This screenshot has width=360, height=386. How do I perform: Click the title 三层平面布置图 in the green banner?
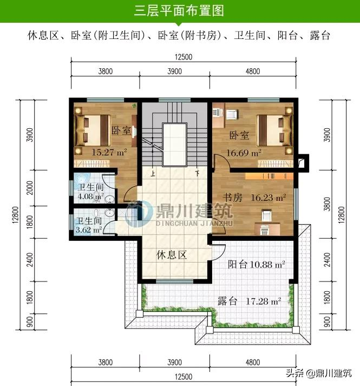pyautogui.click(x=179, y=11)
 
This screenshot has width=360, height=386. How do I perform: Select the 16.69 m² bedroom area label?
pyautogui.click(x=244, y=153)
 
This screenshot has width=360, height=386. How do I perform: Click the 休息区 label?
pyautogui.click(x=172, y=255)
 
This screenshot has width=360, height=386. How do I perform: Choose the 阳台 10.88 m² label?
pyautogui.click(x=256, y=265)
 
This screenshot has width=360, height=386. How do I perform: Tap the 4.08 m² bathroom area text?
pyautogui.click(x=87, y=197)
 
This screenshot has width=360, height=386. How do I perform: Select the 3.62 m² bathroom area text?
pyautogui.click(x=87, y=230)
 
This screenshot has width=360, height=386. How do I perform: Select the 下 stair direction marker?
pyautogui.click(x=197, y=174)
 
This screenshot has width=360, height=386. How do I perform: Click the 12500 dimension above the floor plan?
pyautogui.click(x=184, y=57)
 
